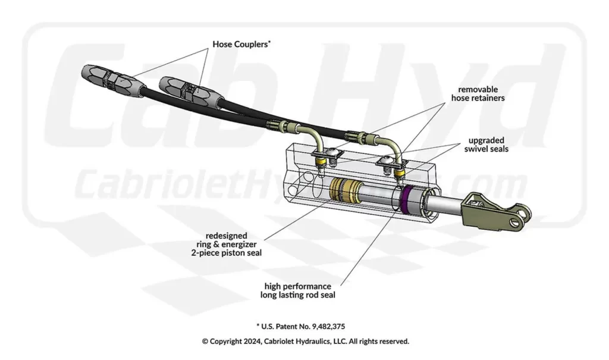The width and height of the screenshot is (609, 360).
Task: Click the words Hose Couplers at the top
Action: (240, 44)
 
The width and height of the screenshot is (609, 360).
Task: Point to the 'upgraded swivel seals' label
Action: (488, 145)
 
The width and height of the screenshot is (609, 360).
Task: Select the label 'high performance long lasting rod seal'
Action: (296, 290)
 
